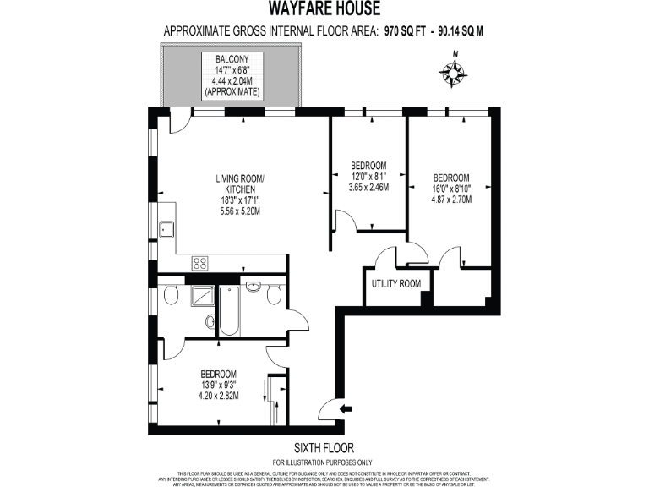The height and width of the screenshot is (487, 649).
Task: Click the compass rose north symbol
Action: tap(455, 74)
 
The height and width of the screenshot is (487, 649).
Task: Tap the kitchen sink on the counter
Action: tap(166, 227)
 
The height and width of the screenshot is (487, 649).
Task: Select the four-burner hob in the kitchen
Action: tap(200, 262)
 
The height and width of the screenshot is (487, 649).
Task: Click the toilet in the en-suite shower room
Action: tap(170, 294)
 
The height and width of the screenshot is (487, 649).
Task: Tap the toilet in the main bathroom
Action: tap(274, 295)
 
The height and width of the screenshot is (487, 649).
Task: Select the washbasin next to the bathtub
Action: tap(253, 287)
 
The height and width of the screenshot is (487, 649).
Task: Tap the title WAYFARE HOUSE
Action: tap(324, 9)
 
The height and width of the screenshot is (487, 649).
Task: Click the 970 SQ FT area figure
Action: tap(406, 32)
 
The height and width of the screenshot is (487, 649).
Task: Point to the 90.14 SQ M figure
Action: tap(460, 32)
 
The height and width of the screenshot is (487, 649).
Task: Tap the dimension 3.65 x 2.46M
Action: tap(368, 188)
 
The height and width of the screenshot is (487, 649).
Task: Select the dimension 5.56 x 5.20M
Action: tap(240, 212)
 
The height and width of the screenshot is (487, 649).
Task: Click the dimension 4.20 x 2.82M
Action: tap(218, 395)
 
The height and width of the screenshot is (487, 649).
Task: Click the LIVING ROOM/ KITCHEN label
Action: tap(240, 184)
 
